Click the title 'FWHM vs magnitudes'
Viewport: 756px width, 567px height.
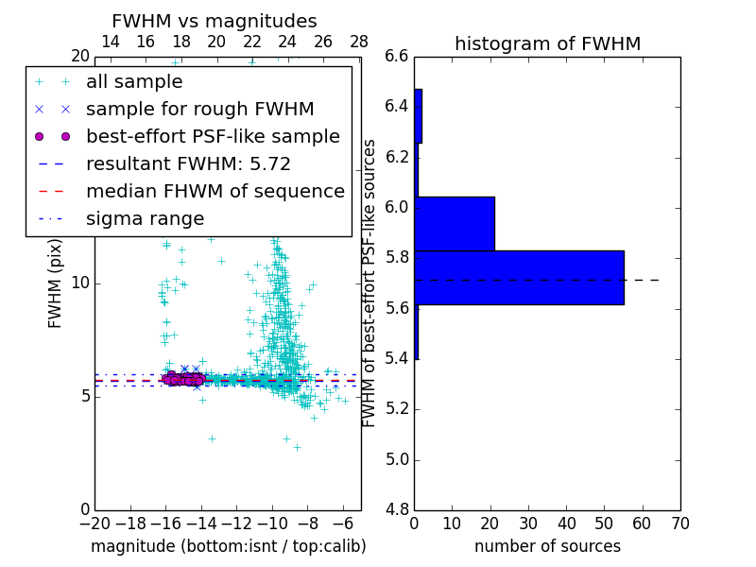tap(215, 22)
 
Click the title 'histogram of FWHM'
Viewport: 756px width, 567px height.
tap(547, 43)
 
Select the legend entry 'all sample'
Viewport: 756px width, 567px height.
tap(134, 82)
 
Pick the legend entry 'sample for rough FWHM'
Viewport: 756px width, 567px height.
tap(199, 109)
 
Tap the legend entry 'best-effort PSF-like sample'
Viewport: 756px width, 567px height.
tap(213, 136)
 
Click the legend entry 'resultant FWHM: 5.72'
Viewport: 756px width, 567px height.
tap(188, 163)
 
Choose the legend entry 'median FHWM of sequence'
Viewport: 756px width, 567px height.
tap(215, 191)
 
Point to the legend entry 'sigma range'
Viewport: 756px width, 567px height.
tap(145, 218)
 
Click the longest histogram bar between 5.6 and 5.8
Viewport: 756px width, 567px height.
tap(519, 277)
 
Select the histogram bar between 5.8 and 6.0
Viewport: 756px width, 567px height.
tap(455, 223)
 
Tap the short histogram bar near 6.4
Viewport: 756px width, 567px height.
tap(418, 115)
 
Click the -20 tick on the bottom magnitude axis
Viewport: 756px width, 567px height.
tap(94, 523)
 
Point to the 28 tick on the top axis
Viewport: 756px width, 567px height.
tap(359, 42)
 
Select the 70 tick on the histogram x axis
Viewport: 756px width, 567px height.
tap(680, 523)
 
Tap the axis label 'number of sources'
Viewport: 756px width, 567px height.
tap(547, 546)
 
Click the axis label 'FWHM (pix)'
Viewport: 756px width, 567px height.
tap(56, 283)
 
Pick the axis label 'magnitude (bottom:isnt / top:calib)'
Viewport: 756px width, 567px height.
tap(228, 546)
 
